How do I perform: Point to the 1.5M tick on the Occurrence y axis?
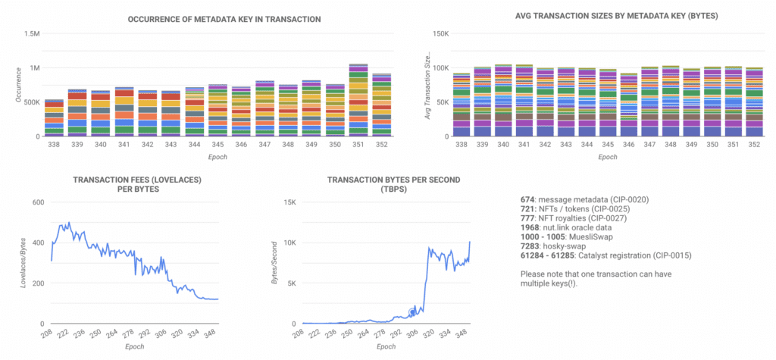(x=33, y=34)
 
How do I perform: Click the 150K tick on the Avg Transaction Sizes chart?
(x=441, y=34)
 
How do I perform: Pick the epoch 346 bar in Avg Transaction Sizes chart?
(x=628, y=106)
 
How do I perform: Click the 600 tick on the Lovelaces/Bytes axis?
(x=36, y=202)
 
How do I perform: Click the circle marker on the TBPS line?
(x=413, y=311)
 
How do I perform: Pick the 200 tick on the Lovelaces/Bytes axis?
(x=36, y=283)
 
